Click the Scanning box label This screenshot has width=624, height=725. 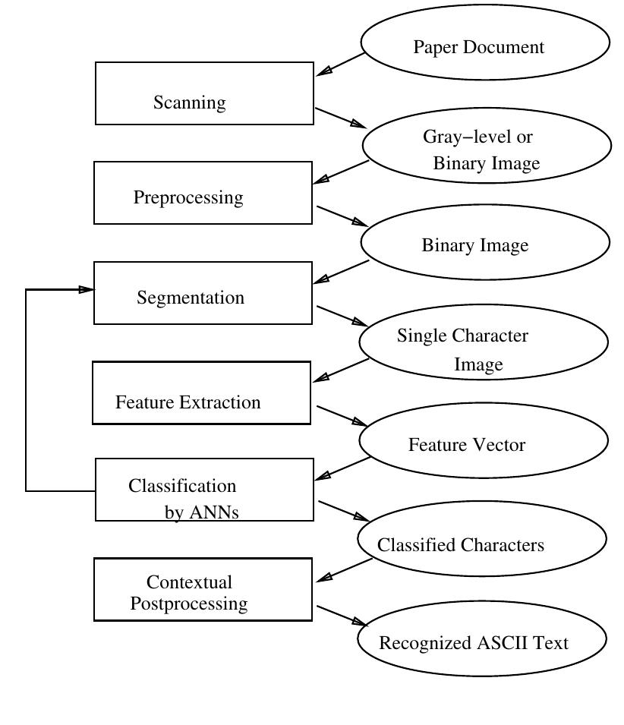(x=189, y=102)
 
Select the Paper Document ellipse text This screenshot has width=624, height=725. (x=478, y=47)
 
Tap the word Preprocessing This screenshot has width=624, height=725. (x=188, y=197)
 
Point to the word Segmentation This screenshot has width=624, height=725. (x=191, y=298)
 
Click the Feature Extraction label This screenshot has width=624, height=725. (x=188, y=402)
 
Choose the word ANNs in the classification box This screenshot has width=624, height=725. (x=213, y=512)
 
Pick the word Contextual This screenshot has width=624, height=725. (x=189, y=582)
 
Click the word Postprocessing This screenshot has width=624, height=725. (x=189, y=604)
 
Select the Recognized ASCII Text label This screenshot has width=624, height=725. (x=473, y=643)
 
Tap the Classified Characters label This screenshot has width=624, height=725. (x=460, y=545)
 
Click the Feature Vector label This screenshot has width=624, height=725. (x=466, y=445)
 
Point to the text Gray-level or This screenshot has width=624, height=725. (x=477, y=137)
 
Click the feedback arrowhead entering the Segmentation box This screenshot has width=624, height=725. (x=87, y=289)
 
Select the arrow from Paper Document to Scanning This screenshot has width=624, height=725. (x=340, y=65)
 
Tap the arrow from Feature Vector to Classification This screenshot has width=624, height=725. (x=342, y=468)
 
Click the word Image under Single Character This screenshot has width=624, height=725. (x=478, y=365)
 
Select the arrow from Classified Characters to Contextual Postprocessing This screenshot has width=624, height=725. (x=344, y=570)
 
